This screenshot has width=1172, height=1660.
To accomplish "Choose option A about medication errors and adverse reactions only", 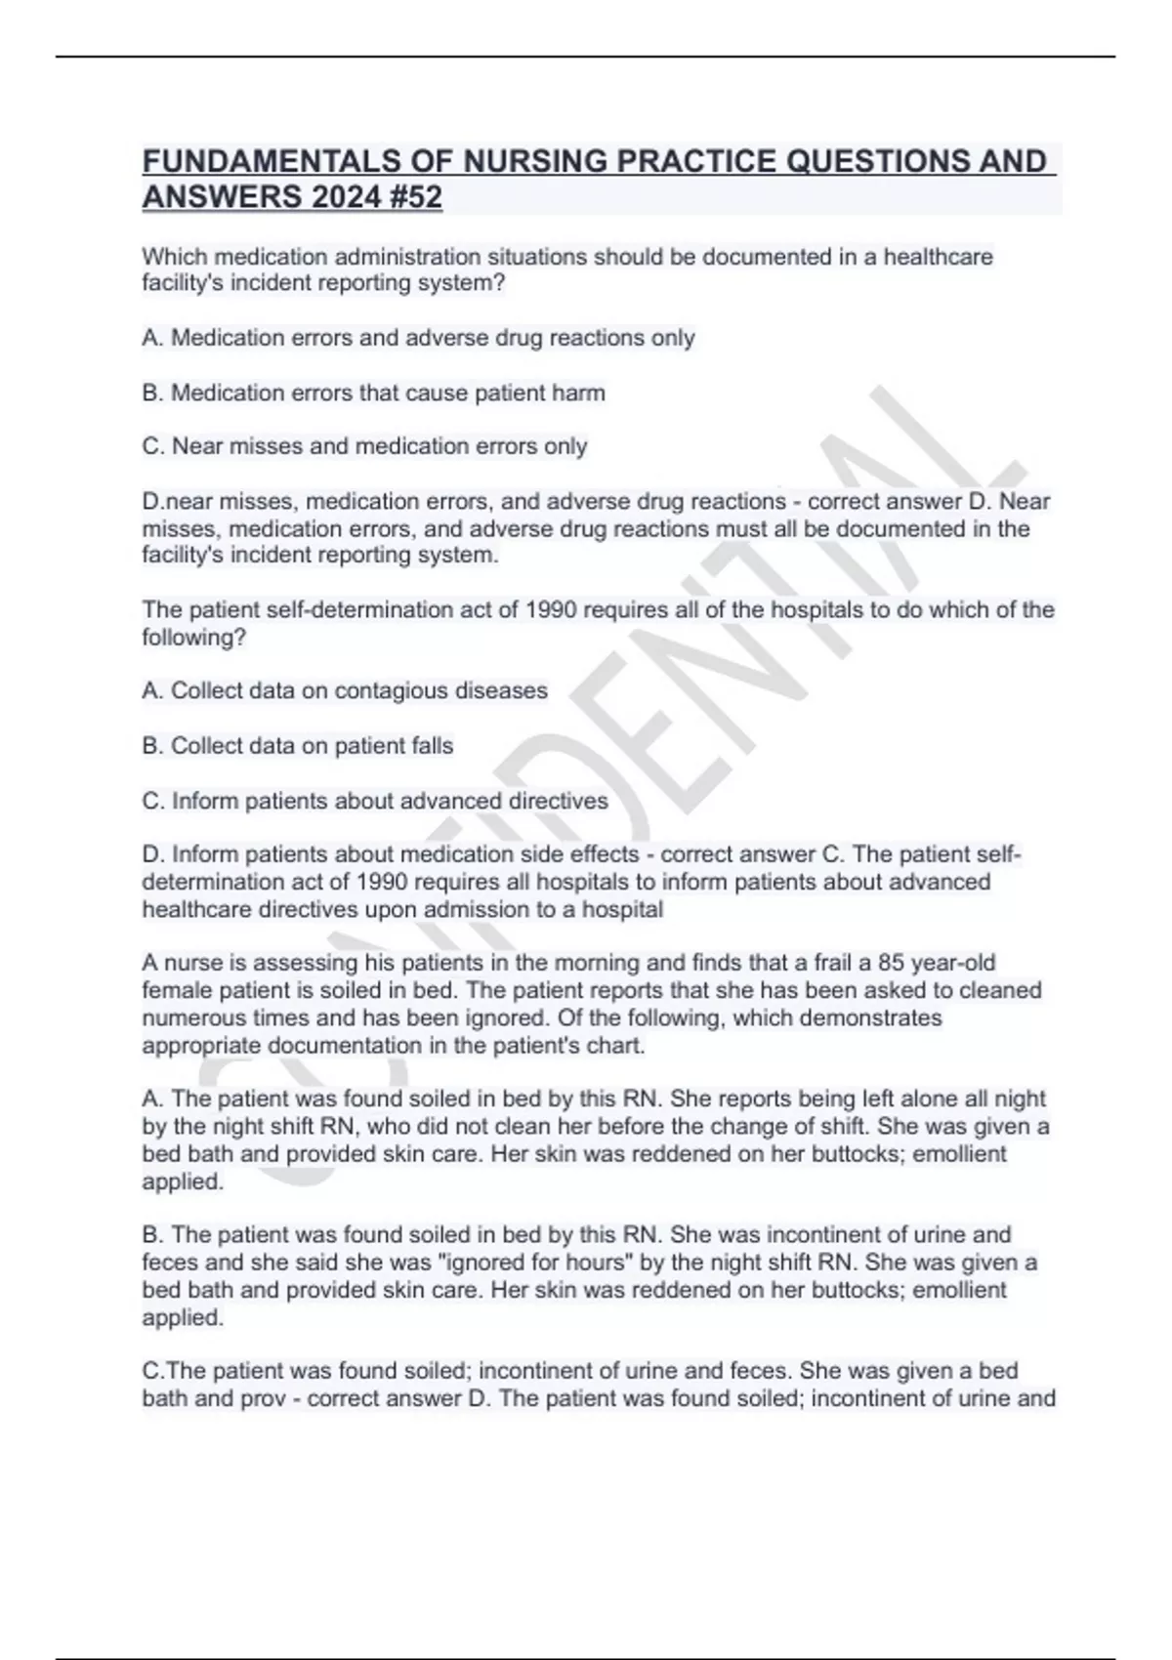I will (418, 338).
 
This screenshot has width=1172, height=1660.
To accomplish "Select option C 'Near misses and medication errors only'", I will (364, 447).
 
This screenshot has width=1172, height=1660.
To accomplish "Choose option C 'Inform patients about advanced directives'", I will (375, 802).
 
